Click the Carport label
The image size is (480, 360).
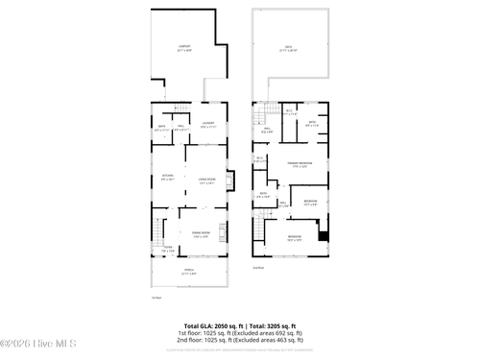pyautogui.click(x=183, y=47)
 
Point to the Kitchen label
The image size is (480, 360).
pyautogui.click(x=167, y=177)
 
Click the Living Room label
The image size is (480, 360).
pyautogui.click(x=205, y=180)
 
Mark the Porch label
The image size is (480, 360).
pyautogui.click(x=189, y=272)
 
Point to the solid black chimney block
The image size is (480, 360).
pyautogui.click(x=324, y=237)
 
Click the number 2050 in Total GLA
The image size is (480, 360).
pyautogui.click(x=222, y=326)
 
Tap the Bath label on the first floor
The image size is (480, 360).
pyautogui.click(x=161, y=129)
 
